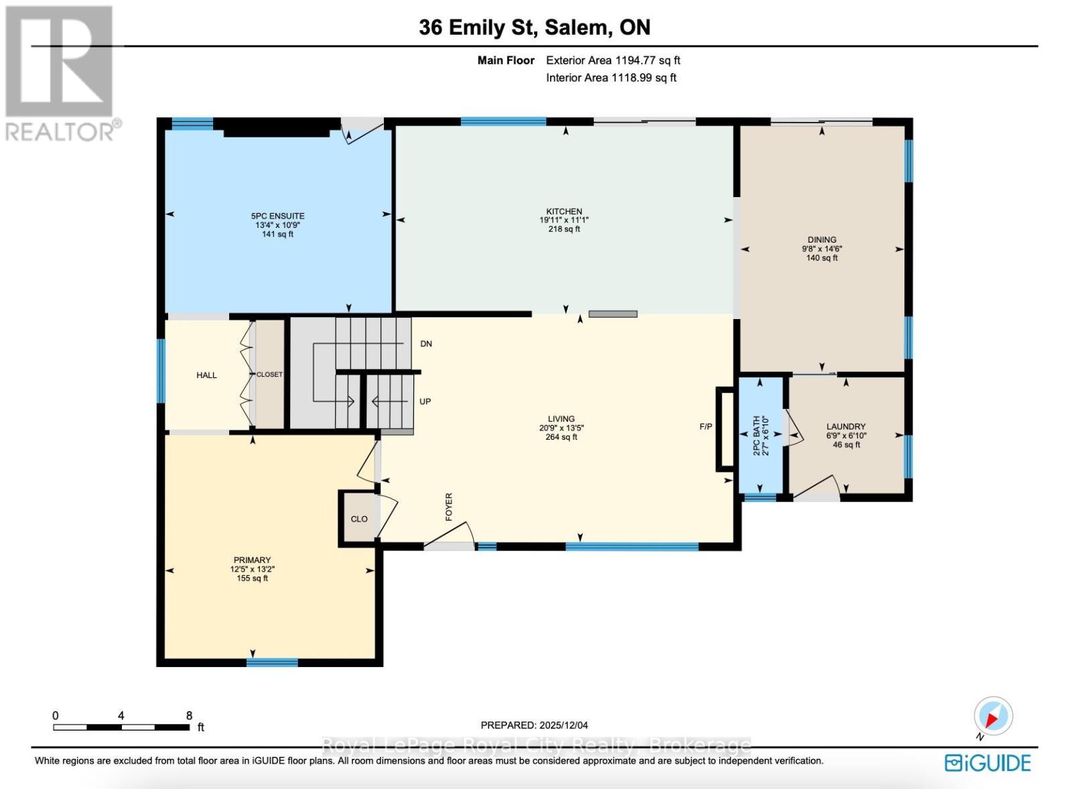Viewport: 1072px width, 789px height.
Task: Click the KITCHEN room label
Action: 563,211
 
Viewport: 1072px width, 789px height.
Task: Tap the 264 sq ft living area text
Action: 561,437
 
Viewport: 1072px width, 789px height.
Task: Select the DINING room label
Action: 821,239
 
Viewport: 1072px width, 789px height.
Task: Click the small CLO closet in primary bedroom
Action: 358,519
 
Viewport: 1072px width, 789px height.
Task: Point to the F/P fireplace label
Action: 706,426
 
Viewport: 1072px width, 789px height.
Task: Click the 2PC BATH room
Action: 760,436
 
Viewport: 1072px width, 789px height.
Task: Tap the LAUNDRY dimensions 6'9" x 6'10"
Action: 846,436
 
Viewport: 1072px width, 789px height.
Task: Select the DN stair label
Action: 426,344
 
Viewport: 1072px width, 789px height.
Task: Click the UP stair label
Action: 425,402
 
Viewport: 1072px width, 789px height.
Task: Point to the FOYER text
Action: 449,507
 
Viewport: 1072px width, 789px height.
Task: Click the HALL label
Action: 206,375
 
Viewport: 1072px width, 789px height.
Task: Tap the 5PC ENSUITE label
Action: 277,216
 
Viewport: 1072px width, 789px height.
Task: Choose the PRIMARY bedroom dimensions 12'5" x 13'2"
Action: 252,569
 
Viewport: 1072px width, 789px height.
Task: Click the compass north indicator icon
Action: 993,717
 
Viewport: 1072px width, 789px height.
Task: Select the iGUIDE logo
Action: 988,763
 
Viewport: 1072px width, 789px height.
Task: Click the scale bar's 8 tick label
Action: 190,715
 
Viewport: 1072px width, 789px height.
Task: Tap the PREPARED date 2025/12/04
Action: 534,725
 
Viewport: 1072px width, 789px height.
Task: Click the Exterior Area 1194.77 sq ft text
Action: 612,60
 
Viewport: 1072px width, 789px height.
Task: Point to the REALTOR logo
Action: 62,74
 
